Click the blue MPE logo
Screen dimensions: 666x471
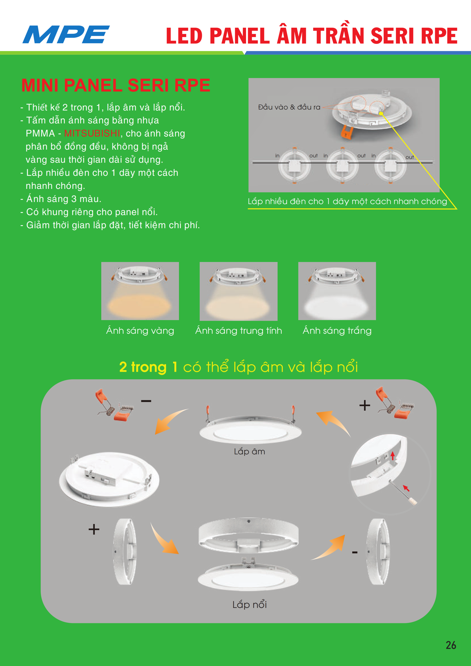coord(66,34)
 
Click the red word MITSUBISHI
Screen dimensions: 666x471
coord(92,134)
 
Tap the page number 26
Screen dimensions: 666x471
coord(451,645)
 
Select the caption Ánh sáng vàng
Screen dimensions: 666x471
coord(140,331)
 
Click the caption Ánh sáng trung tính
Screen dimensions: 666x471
coord(239,331)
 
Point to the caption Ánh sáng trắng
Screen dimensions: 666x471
coord(337,331)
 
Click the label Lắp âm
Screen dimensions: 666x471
coord(249,451)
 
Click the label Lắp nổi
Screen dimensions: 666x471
coord(249,605)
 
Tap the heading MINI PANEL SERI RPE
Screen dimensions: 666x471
coord(116,86)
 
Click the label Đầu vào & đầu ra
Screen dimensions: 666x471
coord(289,107)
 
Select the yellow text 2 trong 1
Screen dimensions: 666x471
coord(148,367)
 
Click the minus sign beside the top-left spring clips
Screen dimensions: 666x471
coord(146,401)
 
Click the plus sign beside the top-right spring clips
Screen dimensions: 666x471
coord(365,405)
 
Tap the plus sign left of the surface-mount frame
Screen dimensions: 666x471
coord(94,529)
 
